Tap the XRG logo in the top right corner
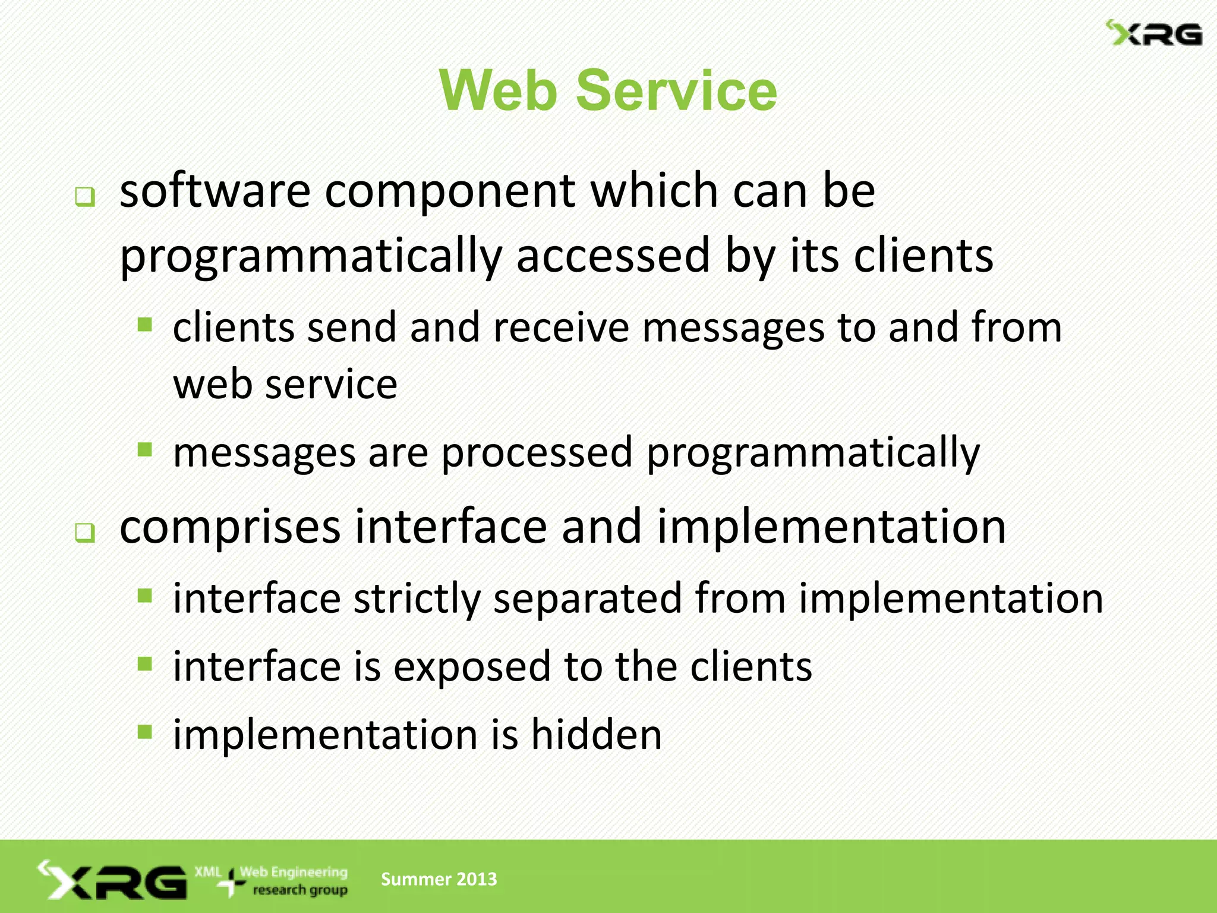click(1153, 33)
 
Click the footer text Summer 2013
click(439, 879)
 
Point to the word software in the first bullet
click(215, 191)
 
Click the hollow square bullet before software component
click(85, 197)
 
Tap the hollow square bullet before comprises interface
click(85, 533)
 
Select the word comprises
click(230, 528)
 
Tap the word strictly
click(417, 599)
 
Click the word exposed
click(472, 667)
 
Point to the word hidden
click(596, 735)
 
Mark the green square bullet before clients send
click(145, 324)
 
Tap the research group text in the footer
click(300, 890)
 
